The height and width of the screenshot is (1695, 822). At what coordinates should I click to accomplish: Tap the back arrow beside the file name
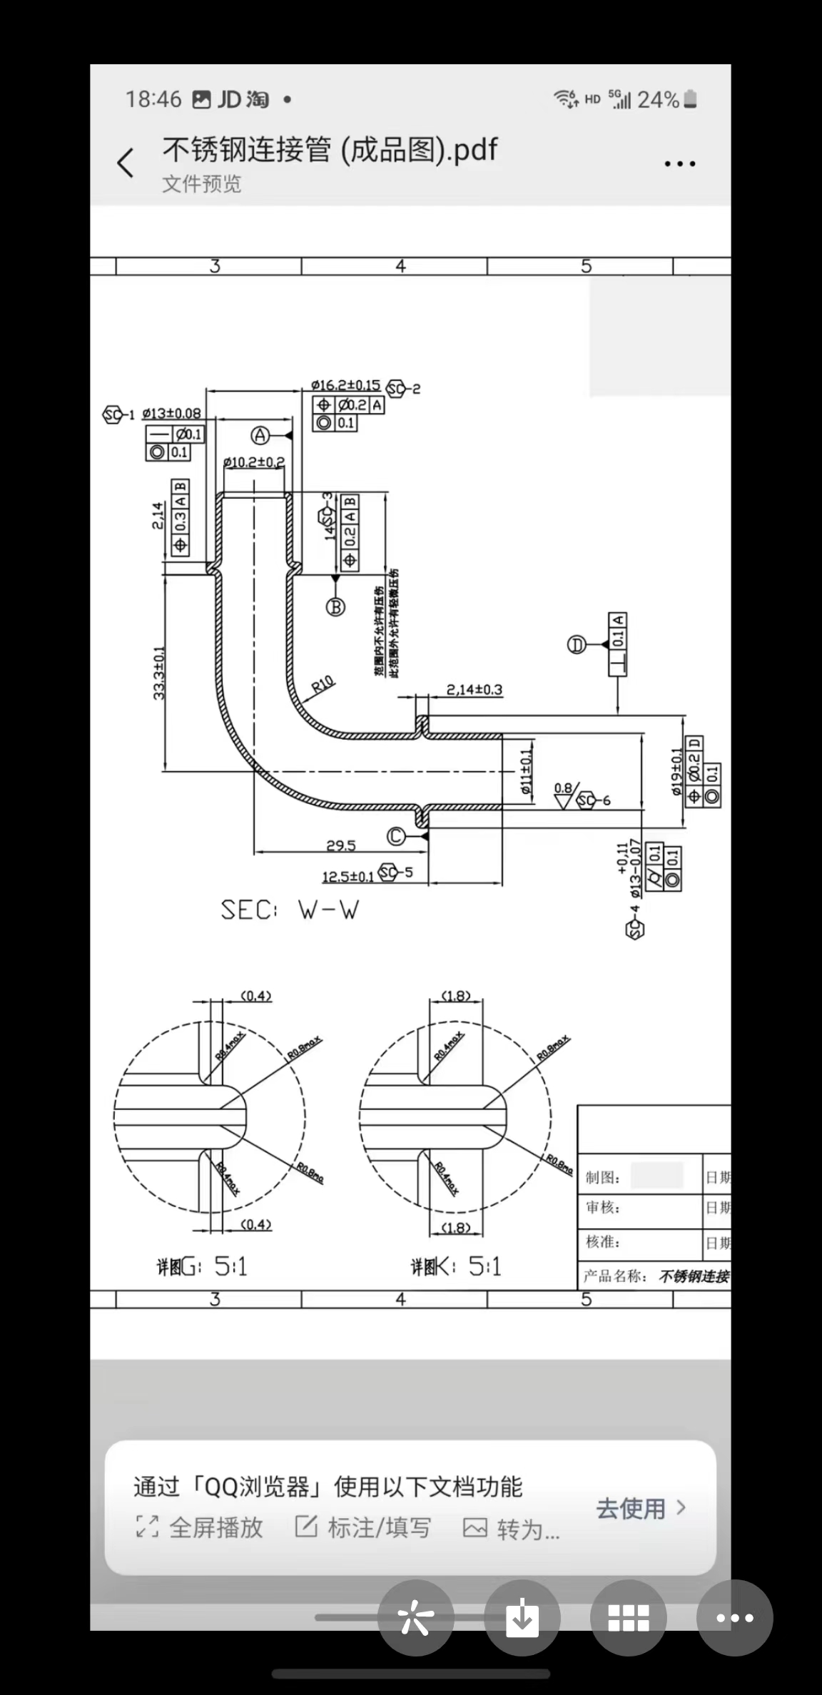click(x=126, y=163)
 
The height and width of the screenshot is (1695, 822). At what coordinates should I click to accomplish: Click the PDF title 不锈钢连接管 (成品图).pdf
click(x=330, y=151)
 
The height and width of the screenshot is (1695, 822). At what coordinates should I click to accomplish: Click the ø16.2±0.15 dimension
click(x=345, y=385)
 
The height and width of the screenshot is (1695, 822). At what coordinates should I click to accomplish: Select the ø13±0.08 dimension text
click(x=171, y=414)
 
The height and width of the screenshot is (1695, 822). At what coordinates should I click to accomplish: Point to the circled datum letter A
click(x=260, y=435)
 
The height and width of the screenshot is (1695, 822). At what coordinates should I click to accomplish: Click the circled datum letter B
click(x=335, y=607)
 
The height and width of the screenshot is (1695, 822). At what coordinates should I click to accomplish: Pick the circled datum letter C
click(x=396, y=836)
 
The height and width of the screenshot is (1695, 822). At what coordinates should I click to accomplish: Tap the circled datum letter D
click(x=577, y=645)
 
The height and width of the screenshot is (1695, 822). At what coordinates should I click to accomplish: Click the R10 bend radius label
click(x=323, y=685)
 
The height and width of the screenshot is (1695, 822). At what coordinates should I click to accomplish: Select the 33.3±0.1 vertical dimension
click(x=158, y=673)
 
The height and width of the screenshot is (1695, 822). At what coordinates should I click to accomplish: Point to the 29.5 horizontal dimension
click(x=341, y=845)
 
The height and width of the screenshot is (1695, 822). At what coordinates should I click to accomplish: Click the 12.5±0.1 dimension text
click(x=347, y=877)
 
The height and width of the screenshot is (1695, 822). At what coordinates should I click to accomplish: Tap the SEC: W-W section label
click(x=290, y=910)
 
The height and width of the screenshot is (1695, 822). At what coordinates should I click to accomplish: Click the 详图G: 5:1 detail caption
click(x=202, y=1266)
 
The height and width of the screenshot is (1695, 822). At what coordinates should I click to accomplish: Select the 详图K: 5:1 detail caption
click(x=456, y=1266)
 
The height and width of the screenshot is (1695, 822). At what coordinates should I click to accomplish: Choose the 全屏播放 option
click(x=201, y=1527)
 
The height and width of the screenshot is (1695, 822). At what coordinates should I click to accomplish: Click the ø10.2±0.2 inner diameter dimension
click(x=254, y=462)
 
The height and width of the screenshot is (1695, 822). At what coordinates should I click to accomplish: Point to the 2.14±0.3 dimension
click(x=475, y=690)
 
